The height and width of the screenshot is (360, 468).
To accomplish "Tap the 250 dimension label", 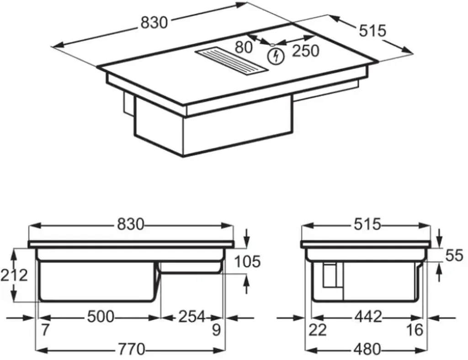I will pos(305,50).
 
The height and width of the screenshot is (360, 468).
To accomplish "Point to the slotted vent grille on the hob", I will pos(231,60).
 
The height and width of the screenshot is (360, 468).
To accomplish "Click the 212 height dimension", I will pos(14,274).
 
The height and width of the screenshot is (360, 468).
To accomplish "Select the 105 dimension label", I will pos(247,262).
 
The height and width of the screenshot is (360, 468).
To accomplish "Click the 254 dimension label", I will pos(191,316).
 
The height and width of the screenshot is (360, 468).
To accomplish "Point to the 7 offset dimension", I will pos(45,329).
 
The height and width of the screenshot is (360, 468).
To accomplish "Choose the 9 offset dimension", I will pos(217,329).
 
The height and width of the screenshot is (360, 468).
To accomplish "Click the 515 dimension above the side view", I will pos(367,224).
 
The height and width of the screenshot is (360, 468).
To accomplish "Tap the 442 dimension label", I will pos(367,316).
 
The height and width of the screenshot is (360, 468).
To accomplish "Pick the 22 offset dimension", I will pos(318,329).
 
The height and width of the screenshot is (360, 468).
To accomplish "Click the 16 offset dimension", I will pos(415,329).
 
